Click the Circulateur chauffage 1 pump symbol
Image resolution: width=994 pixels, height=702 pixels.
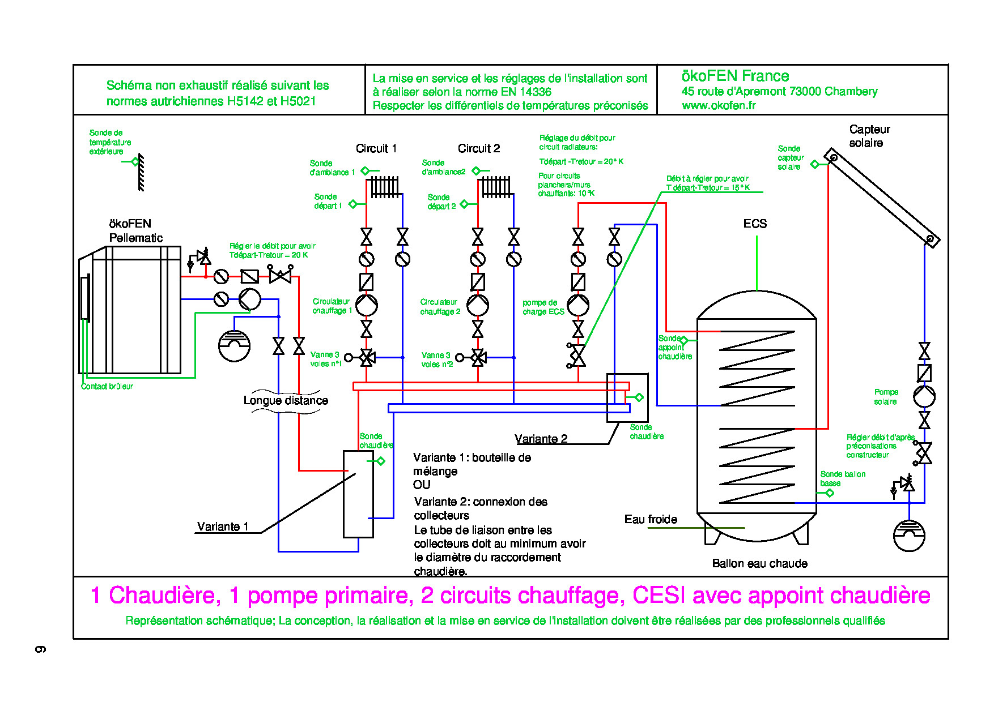click(x=367, y=305)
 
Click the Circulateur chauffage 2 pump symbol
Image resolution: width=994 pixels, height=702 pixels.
click(x=478, y=305)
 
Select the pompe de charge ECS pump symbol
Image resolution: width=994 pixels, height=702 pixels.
click(x=578, y=305)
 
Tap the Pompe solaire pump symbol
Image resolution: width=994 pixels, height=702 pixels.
click(x=924, y=396)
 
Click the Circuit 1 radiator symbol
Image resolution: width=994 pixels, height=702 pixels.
click(x=385, y=187)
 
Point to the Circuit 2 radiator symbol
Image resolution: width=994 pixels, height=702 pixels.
click(x=496, y=187)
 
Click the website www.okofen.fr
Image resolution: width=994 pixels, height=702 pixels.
click(x=719, y=105)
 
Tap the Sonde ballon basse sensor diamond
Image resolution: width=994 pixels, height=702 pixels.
click(x=830, y=493)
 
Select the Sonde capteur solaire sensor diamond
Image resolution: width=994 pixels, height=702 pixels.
click(x=815, y=164)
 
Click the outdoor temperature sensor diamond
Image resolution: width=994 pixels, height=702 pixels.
click(x=135, y=162)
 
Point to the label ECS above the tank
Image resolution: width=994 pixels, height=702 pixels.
click(x=755, y=224)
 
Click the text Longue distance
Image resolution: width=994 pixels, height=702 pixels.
click(x=286, y=400)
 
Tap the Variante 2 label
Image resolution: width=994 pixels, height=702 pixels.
click(x=541, y=439)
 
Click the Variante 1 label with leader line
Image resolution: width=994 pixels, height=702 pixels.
click(x=223, y=526)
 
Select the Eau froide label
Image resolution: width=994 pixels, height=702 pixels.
click(x=651, y=519)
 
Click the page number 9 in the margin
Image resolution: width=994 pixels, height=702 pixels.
click(x=40, y=649)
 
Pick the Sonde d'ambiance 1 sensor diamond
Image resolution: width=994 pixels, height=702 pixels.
click(x=365, y=170)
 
